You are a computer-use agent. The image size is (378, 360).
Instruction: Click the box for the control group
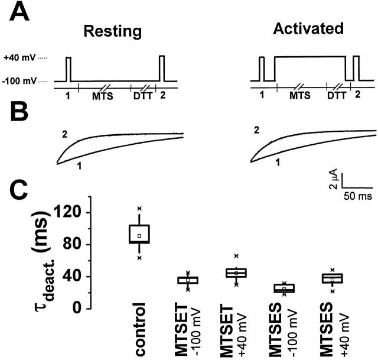[139, 233]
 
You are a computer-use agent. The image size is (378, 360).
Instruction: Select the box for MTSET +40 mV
[236, 273]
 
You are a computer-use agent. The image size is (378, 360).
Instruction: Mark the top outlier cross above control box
[139, 208]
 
